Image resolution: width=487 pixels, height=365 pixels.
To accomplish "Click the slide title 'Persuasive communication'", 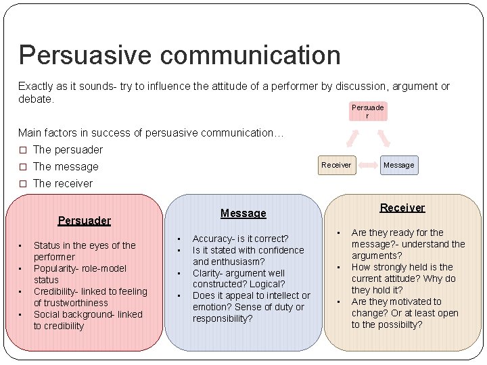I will (x=179, y=55).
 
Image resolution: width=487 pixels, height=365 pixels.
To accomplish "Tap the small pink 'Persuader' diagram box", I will (x=367, y=111).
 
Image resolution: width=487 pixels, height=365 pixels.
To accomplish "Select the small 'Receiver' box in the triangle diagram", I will (x=336, y=165).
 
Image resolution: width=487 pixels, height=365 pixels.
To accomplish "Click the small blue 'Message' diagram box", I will (x=398, y=165).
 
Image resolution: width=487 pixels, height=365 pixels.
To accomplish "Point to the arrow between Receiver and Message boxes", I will (x=367, y=165).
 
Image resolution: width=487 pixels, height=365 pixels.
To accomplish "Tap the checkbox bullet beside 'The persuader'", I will (x=22, y=149).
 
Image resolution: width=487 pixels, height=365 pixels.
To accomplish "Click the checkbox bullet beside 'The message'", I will (x=22, y=166).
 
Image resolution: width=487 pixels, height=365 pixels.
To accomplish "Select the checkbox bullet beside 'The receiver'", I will (x=22, y=183).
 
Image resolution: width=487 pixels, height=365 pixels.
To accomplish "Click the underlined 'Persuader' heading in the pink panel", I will (x=84, y=220).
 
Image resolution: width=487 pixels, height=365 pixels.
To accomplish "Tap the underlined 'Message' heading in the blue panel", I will (x=243, y=214).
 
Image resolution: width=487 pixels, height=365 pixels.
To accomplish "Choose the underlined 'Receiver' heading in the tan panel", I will (x=402, y=208).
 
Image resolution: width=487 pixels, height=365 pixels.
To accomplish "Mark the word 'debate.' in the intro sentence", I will (x=36, y=99).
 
